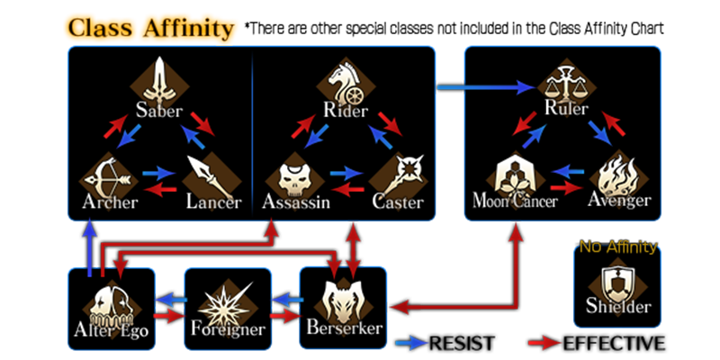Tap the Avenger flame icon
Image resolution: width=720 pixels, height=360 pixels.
click(619, 171)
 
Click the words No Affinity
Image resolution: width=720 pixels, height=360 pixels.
click(617, 247)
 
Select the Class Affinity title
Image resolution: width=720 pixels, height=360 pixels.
click(151, 28)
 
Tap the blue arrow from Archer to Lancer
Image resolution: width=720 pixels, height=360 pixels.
click(158, 171)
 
